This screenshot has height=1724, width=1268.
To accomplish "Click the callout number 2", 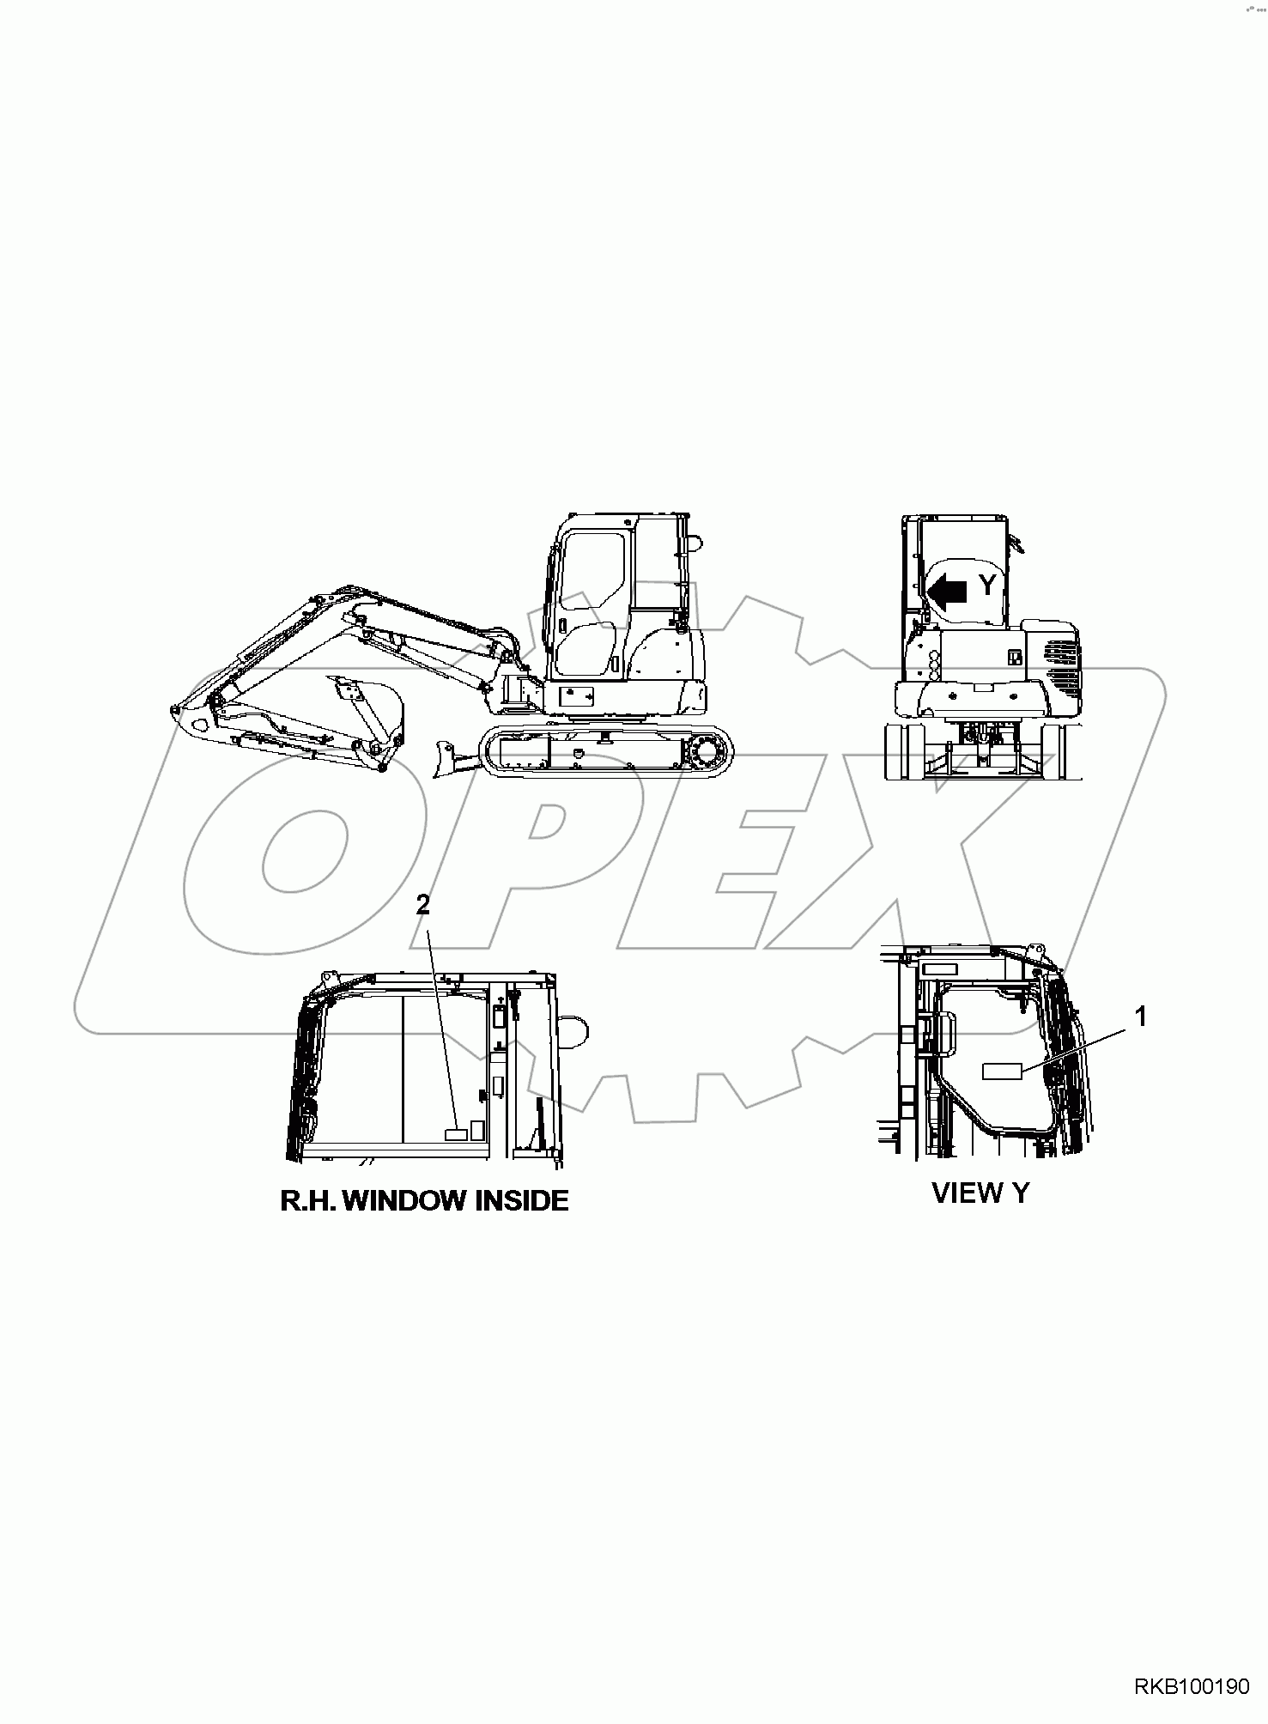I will click(422, 905).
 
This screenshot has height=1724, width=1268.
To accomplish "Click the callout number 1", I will click(1140, 1017).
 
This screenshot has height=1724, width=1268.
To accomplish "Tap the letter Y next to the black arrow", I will click(988, 586).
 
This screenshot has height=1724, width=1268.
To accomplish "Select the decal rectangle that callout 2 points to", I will click(455, 1134).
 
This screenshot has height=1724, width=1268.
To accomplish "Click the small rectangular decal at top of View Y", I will click(938, 968).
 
